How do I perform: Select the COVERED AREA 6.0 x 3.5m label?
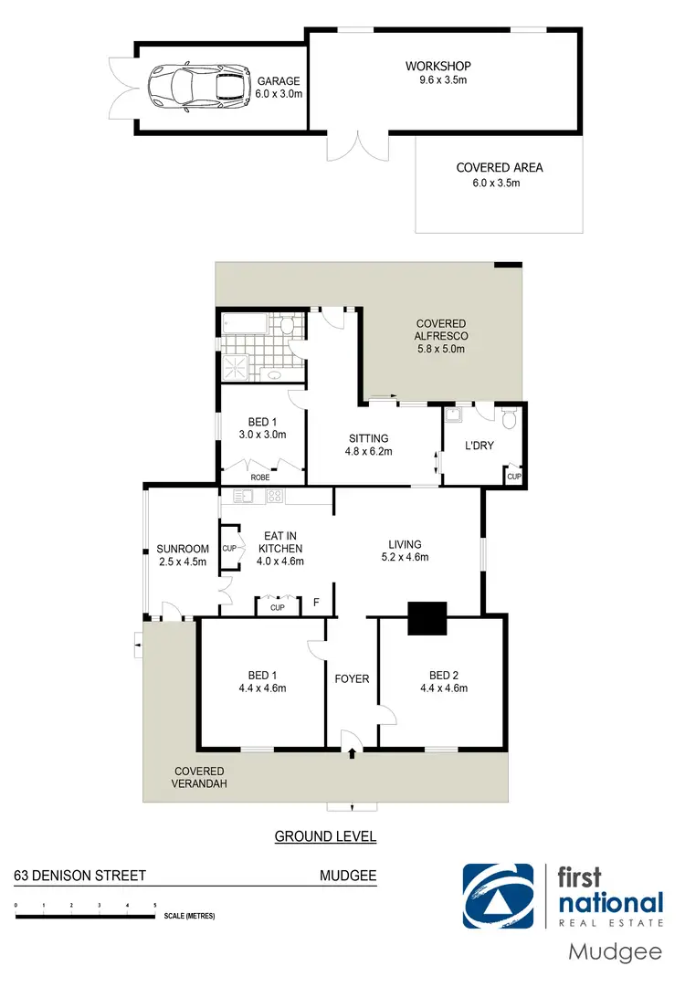coord(500,174)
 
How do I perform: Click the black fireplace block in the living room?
coord(427,618)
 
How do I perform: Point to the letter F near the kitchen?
coord(316,603)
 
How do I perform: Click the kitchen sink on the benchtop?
coord(243,497)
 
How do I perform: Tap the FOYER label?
coord(352,678)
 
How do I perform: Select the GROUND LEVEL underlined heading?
coord(325,836)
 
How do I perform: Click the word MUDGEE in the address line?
coord(347,876)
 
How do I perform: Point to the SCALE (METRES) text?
coord(189,916)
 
